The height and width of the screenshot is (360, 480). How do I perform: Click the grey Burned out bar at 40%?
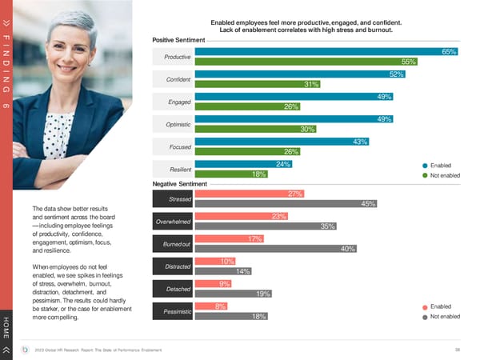point(276,249)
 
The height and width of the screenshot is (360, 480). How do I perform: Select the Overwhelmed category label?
point(172,222)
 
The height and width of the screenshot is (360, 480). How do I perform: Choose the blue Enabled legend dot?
point(425,165)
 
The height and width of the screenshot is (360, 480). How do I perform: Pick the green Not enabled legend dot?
point(425,175)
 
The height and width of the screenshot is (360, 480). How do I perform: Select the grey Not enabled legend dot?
point(425,317)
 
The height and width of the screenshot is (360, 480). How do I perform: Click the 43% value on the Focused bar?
point(360,142)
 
